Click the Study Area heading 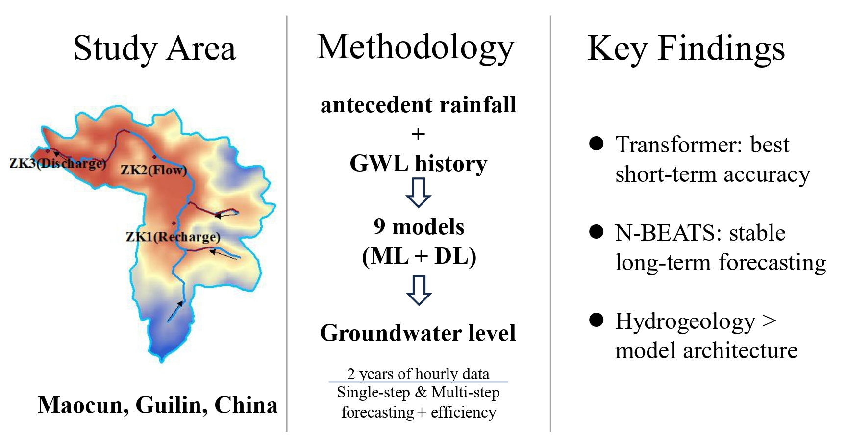pyautogui.click(x=154, y=49)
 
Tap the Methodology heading pyautogui.click(x=416, y=48)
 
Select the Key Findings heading pyautogui.click(x=686, y=49)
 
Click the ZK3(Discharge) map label pyautogui.click(x=57, y=163)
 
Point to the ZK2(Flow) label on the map pyautogui.click(x=154, y=170)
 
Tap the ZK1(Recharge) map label pyautogui.click(x=173, y=237)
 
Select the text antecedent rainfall pyautogui.click(x=418, y=105)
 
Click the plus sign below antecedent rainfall pyautogui.click(x=418, y=134)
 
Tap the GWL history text pyautogui.click(x=418, y=163)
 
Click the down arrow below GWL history pyautogui.click(x=418, y=192)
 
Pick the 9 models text pyautogui.click(x=419, y=226)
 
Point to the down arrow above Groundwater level pyautogui.click(x=419, y=290)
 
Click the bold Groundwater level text pyautogui.click(x=418, y=333)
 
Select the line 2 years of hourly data pyautogui.click(x=418, y=374)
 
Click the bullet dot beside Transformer pyautogui.click(x=596, y=144)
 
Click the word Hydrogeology pyautogui.click(x=685, y=321)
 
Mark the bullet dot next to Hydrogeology pyautogui.click(x=596, y=320)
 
